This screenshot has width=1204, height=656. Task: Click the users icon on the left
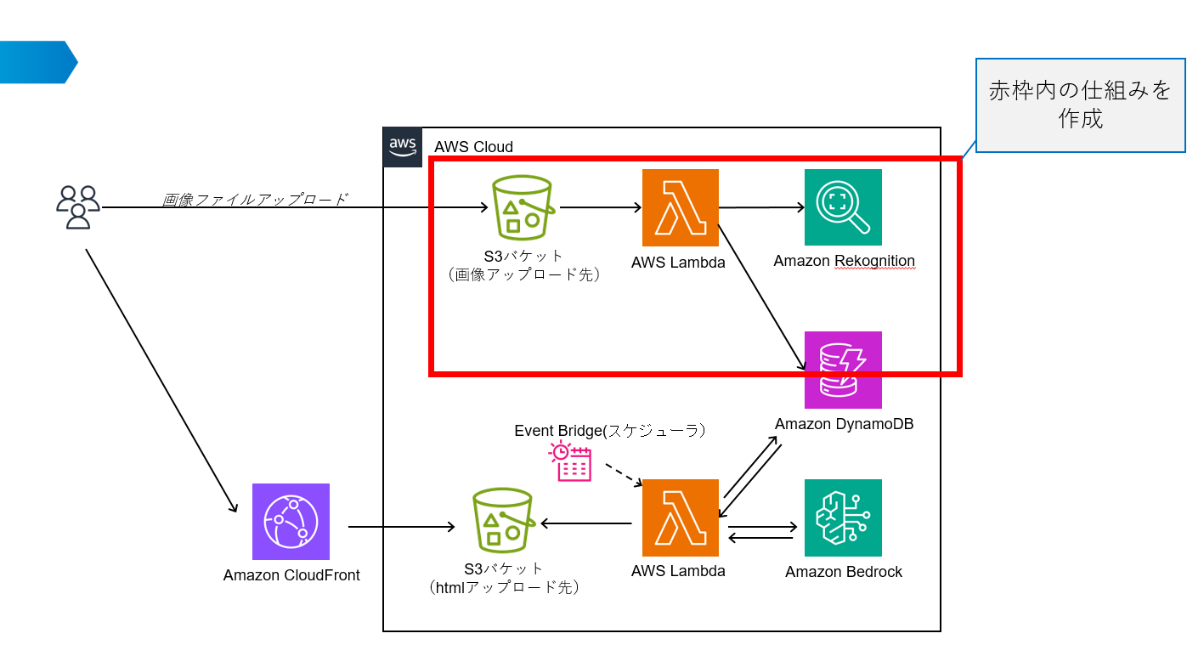(x=78, y=206)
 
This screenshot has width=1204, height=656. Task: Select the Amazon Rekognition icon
(x=843, y=207)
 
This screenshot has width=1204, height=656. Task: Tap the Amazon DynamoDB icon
(x=843, y=370)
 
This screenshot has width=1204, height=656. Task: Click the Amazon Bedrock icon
(x=843, y=517)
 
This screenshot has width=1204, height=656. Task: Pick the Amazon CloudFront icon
(x=291, y=522)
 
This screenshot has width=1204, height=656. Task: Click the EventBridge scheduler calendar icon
(x=570, y=462)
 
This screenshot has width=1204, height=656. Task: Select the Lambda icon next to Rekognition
(x=681, y=207)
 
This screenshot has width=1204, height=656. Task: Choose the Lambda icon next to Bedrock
(x=681, y=517)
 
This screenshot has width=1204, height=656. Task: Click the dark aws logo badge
(x=403, y=147)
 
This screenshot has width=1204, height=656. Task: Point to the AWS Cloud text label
(x=473, y=147)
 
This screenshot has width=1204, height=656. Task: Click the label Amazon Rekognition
(x=844, y=262)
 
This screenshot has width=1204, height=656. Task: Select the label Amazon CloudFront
(x=291, y=575)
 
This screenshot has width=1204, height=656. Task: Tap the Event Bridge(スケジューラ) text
(x=610, y=431)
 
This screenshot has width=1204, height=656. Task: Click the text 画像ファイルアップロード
(x=255, y=200)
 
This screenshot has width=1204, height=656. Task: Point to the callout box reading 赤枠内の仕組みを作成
(x=1080, y=105)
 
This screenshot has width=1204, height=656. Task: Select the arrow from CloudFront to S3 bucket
(x=401, y=528)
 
